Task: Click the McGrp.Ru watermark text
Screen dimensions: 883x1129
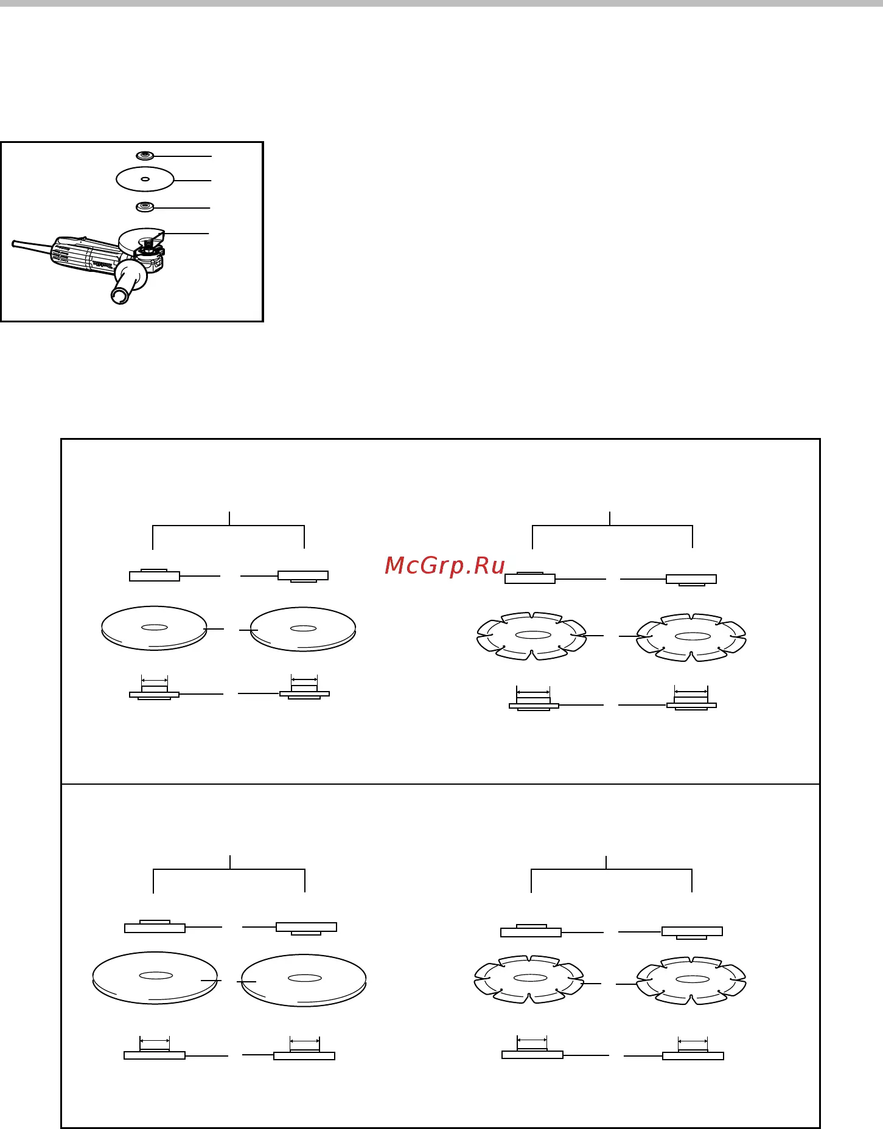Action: click(x=445, y=566)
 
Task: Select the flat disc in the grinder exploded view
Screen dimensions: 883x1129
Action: click(x=145, y=179)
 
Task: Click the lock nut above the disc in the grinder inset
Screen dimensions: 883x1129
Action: click(x=145, y=156)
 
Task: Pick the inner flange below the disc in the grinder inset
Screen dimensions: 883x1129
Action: click(x=145, y=207)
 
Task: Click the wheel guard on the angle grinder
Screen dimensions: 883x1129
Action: click(x=140, y=241)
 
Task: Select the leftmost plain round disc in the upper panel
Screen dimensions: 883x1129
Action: click(x=154, y=628)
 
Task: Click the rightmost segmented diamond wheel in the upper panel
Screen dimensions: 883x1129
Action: click(x=691, y=637)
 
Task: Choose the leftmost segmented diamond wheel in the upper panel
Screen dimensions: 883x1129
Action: click(x=532, y=636)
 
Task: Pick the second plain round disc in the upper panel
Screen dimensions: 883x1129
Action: click(x=303, y=629)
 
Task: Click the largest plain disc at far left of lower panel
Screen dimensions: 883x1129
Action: click(x=155, y=978)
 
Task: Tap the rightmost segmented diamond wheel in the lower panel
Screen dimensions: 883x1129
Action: click(x=691, y=981)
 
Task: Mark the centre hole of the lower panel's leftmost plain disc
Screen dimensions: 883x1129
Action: click(x=156, y=975)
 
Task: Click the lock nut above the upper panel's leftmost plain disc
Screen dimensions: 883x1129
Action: click(x=155, y=575)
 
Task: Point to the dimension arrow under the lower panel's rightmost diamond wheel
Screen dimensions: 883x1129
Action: click(x=693, y=1041)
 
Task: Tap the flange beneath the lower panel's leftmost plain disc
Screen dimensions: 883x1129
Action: click(x=155, y=1054)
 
